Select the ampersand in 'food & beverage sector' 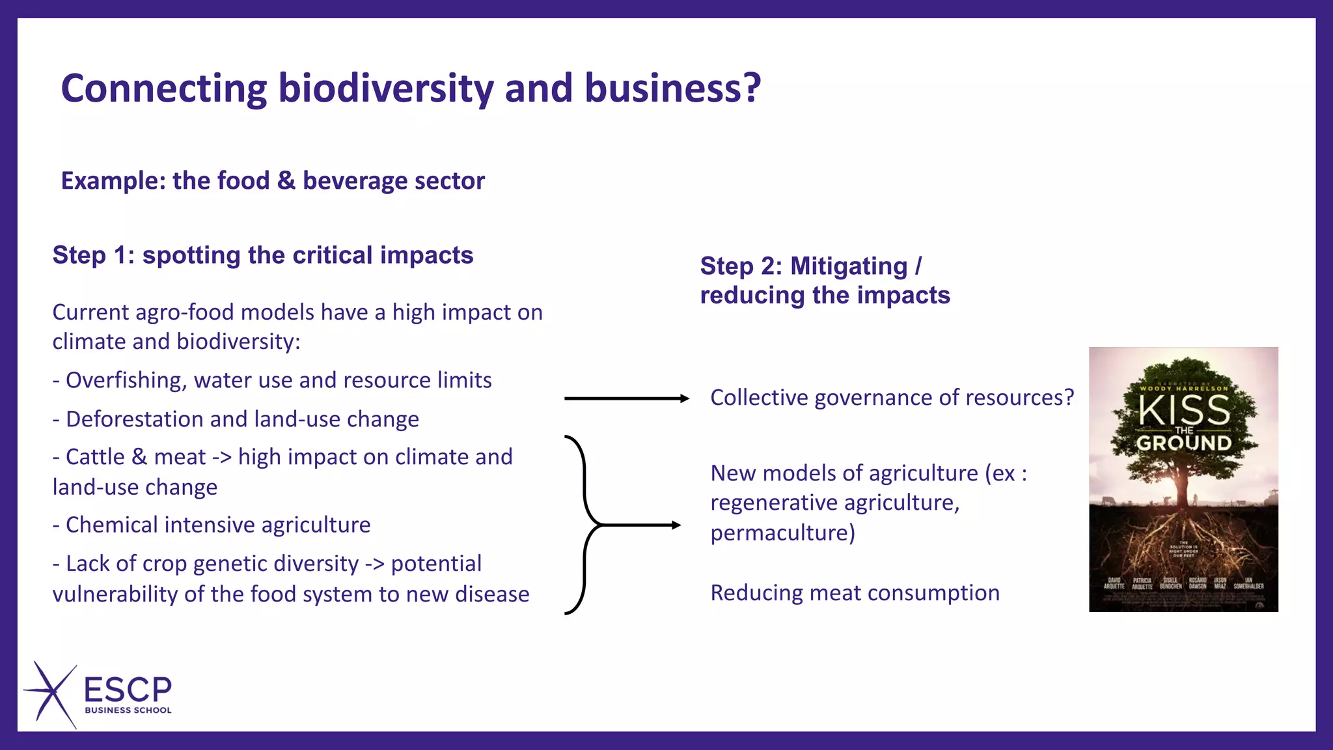[286, 180]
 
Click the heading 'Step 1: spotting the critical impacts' [262, 255]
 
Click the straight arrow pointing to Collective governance [625, 398]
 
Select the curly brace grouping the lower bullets [583, 525]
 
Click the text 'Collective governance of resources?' [892, 398]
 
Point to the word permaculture [782, 533]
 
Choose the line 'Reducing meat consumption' [855, 593]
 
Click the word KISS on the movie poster [1184, 411]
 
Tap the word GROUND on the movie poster [1184, 443]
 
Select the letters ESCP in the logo [128, 689]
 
